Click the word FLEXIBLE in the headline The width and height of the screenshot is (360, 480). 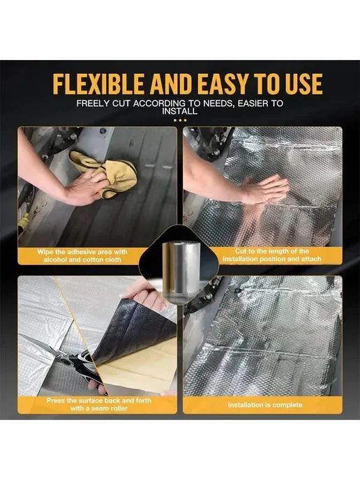point(98,83)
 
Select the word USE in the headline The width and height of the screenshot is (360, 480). point(303,83)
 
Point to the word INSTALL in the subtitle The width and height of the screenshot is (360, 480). point(180,111)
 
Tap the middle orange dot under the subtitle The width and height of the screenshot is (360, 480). point(180,120)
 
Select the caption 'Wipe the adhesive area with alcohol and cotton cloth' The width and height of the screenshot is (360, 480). point(82,255)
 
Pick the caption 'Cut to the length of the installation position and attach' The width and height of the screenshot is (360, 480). point(272,255)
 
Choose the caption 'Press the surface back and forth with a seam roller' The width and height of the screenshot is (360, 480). point(98,404)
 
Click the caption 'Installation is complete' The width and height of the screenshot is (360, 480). point(265,405)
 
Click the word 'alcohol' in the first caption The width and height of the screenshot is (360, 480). point(57,260)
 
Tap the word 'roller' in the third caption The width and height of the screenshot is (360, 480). point(118,408)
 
